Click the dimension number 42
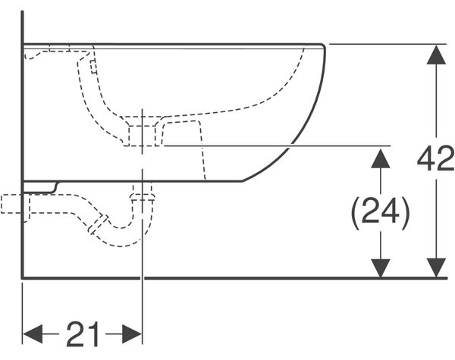click(x=435, y=158)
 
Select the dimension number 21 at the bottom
click(x=83, y=334)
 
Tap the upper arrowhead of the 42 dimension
click(x=436, y=55)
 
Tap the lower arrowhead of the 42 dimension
click(x=436, y=268)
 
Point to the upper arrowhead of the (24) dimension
click(x=381, y=158)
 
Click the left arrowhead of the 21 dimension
click(x=33, y=334)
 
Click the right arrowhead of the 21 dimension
click(x=132, y=334)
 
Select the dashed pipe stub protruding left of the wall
click(x=11, y=204)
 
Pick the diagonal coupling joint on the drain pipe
click(x=99, y=224)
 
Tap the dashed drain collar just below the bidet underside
click(x=143, y=197)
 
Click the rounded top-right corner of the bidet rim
click(x=323, y=45)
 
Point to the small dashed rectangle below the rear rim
click(x=93, y=67)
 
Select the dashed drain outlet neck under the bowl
click(x=143, y=131)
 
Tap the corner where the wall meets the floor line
click(x=23, y=278)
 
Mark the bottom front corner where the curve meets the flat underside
click(x=242, y=181)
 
